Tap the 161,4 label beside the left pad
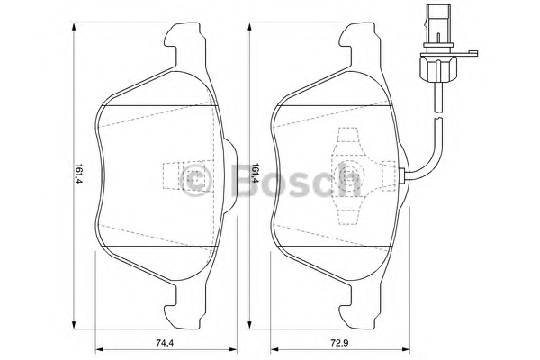click(x=79, y=174)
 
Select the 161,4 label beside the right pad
click(x=256, y=174)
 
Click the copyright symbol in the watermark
click(x=195, y=179)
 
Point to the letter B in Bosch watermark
click(x=245, y=179)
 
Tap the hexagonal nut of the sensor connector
click(x=438, y=68)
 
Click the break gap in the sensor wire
click(x=438, y=115)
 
